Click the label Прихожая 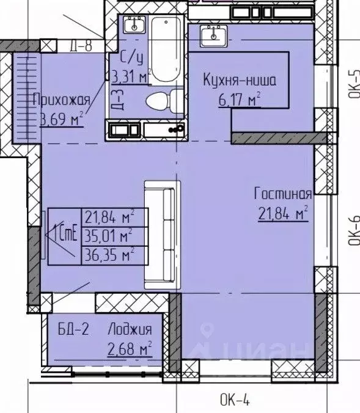tap(62, 100)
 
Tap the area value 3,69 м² tap(62, 118)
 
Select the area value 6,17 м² tap(240, 98)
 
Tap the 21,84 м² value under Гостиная tap(282, 213)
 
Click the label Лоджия tap(129, 330)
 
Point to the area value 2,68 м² tap(129, 349)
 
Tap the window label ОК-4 tap(235, 401)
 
